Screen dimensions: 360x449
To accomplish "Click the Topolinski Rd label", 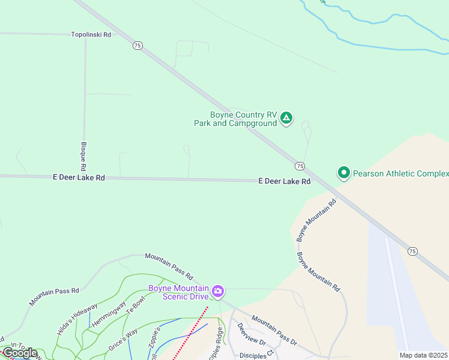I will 91,35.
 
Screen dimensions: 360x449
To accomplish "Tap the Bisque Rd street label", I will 83,155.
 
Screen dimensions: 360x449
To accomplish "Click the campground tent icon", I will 287,118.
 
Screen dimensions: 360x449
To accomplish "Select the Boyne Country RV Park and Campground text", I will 235,119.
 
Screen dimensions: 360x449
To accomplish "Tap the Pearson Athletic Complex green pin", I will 344,173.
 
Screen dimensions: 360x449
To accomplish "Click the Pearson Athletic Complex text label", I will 401,174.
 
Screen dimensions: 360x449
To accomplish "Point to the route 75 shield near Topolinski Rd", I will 137,46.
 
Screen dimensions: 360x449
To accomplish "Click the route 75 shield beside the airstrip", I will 412,251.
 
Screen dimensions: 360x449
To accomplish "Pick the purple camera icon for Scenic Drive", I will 218,292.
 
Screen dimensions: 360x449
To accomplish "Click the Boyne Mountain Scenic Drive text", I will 178,292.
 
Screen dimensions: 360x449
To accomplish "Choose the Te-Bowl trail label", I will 135,307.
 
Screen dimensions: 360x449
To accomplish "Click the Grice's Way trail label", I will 123,339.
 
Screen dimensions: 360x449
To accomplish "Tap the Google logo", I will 20,353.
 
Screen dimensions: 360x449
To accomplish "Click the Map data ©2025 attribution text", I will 424,355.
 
